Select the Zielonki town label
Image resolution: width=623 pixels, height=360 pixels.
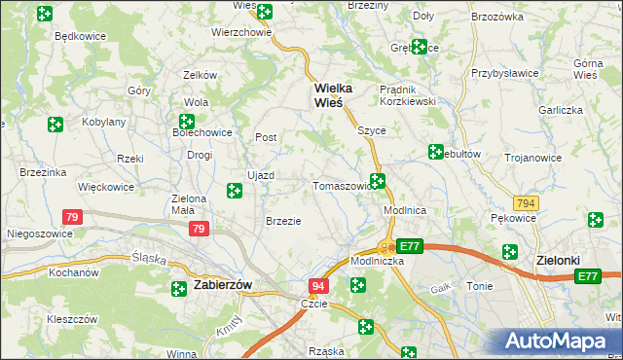point(559,261)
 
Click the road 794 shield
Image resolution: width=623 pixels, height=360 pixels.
point(527,203)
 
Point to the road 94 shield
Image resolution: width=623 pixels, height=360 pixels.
point(318,286)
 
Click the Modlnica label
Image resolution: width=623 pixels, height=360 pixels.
point(406,210)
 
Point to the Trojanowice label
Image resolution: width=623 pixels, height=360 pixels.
point(535,158)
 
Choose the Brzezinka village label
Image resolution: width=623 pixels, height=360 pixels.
point(42,172)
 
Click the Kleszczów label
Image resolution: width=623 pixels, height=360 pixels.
point(72,318)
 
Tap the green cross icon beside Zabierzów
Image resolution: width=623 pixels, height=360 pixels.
point(179,288)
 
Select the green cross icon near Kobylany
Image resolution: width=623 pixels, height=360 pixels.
point(55,124)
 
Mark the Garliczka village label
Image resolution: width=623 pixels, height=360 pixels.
point(561,111)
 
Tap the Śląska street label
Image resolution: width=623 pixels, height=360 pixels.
point(149,258)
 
